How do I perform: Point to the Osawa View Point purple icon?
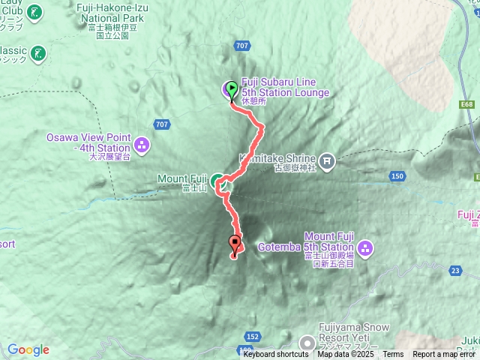coord(142,143)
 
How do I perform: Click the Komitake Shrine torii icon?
coord(328,160)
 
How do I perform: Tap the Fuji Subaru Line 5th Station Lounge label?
coord(284,88)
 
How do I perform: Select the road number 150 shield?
coord(397,176)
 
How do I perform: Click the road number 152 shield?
coord(253,337)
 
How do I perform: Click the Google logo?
coord(28,349)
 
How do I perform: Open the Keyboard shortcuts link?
coord(275,355)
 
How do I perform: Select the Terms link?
coord(393,355)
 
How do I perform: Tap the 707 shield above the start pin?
coord(241,46)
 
